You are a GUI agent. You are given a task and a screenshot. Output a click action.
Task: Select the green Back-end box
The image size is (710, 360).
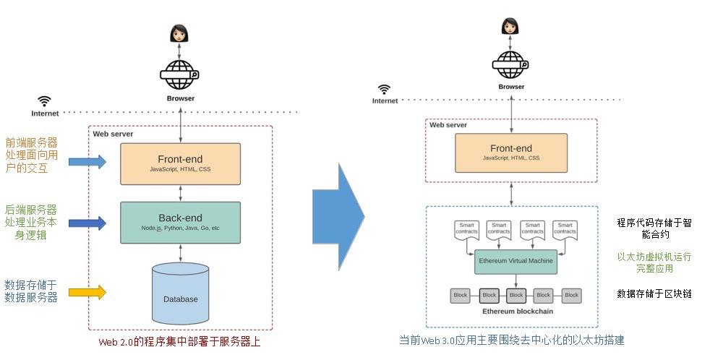click(x=180, y=222)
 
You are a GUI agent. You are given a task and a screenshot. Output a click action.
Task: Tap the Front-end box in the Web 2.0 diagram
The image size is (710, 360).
click(x=180, y=163)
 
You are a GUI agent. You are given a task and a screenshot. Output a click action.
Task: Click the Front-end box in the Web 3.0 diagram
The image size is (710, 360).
click(x=511, y=153)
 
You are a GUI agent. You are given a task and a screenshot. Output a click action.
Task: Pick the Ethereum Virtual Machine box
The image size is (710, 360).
click(x=516, y=261)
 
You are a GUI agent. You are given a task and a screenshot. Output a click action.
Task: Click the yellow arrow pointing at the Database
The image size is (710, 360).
click(x=87, y=292)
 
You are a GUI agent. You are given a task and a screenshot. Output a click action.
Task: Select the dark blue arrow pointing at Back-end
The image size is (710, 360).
click(x=87, y=223)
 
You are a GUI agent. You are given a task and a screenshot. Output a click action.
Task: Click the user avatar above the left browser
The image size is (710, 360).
click(x=178, y=33)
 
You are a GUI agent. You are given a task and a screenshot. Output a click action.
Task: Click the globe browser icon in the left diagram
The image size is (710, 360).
click(x=179, y=74)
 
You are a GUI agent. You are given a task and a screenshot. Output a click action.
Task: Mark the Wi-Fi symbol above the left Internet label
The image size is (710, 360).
click(x=45, y=101)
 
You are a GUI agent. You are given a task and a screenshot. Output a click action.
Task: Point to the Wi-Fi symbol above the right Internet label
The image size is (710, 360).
click(x=384, y=89)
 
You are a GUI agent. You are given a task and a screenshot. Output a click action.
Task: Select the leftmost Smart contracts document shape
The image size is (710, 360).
click(x=466, y=230)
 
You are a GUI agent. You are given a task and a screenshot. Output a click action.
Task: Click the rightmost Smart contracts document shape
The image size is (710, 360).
click(x=565, y=230)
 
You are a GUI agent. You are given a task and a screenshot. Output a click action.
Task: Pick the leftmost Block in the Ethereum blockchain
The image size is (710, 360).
click(x=461, y=295)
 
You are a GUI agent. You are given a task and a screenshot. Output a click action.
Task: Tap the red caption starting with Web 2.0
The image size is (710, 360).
click(x=179, y=341)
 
